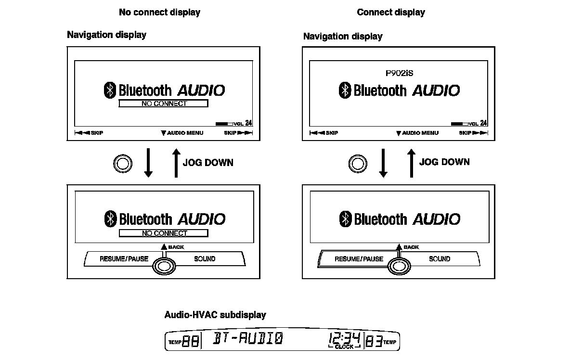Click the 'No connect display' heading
(159, 13)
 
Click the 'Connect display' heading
(390, 13)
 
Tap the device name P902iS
(399, 74)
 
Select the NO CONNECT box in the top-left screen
(163, 103)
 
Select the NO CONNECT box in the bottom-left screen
(163, 233)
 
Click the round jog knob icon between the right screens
(358, 164)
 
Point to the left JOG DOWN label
(208, 163)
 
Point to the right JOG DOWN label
(444, 162)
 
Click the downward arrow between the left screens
(148, 163)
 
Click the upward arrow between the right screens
(411, 163)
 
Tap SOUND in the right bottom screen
(440, 259)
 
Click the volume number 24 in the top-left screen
(248, 123)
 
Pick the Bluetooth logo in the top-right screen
(345, 90)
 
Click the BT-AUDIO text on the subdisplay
(248, 339)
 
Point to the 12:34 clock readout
(344, 338)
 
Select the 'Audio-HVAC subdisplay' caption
(215, 315)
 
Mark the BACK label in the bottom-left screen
(175, 247)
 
